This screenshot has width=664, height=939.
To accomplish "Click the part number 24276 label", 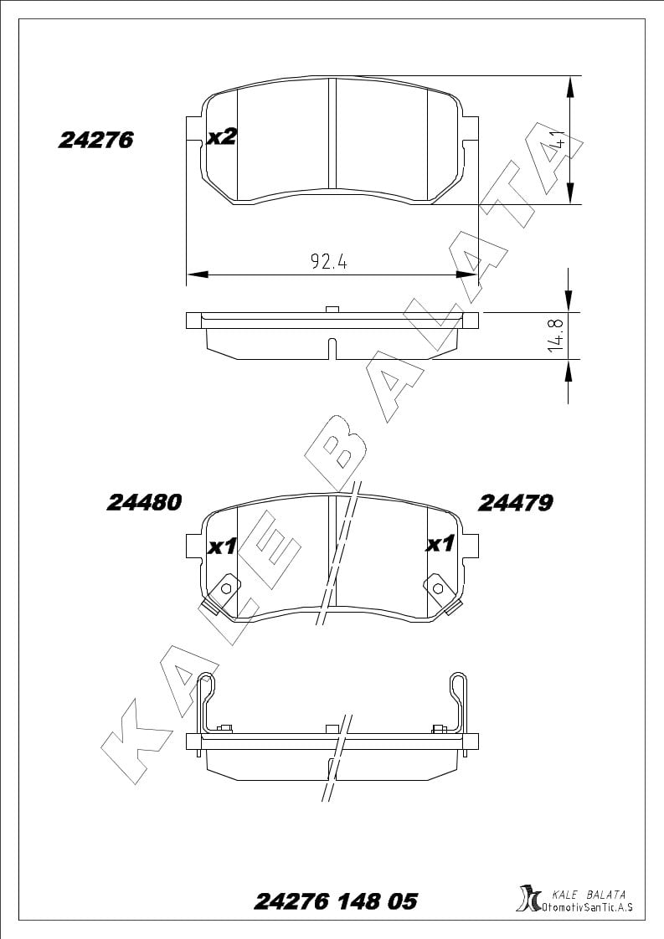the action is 95,140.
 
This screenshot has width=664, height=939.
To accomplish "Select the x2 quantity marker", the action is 222,137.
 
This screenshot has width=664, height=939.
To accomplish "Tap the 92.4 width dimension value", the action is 328,261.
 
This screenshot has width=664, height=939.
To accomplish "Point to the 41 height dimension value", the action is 560,139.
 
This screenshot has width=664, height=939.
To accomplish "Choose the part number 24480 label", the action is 144,502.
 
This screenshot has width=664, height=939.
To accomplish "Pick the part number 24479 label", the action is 515,503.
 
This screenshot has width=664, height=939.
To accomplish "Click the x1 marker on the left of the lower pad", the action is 222,546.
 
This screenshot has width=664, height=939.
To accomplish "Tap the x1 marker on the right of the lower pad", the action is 440,544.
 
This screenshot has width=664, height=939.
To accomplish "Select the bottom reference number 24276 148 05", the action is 336,901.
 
